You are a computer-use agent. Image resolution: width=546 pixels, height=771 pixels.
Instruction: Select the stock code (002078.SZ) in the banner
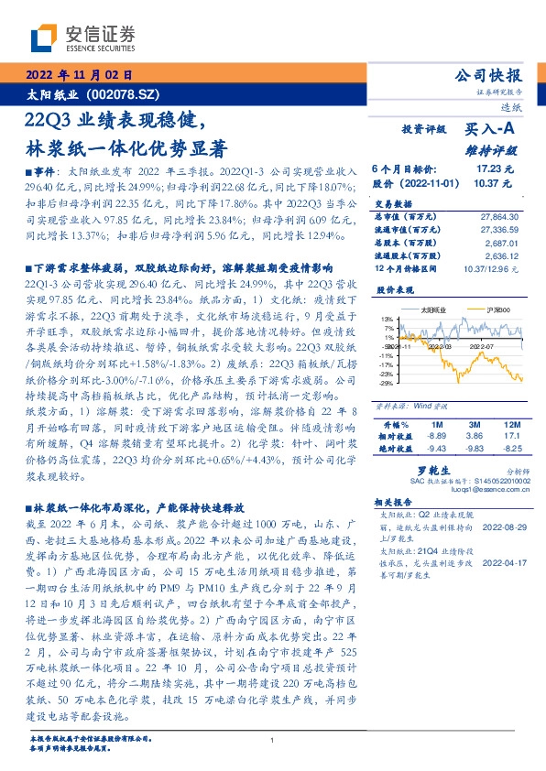coord(122,94)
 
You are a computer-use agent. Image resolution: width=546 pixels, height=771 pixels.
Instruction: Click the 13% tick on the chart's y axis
coord(388,318)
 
